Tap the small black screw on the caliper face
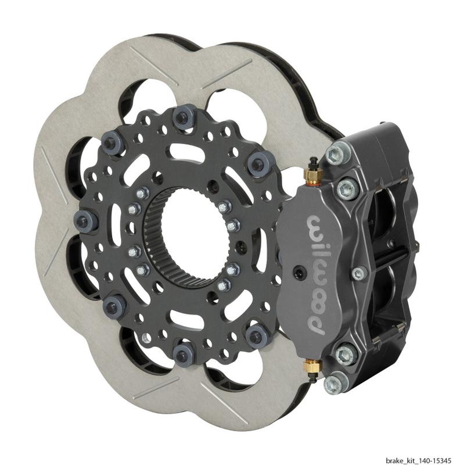(297, 270)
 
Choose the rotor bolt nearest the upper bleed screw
(256, 166)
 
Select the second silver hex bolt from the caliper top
(347, 187)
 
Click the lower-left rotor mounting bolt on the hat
(112, 303)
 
